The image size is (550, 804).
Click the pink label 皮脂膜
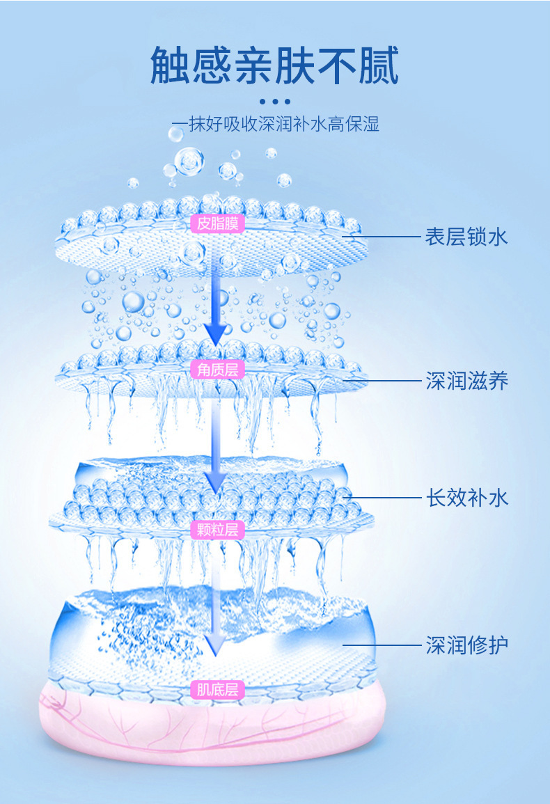217,224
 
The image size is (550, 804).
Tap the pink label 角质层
217,369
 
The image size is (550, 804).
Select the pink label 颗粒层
217,530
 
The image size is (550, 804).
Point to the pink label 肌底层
217,690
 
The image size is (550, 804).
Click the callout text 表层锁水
466,237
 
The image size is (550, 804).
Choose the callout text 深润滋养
466,381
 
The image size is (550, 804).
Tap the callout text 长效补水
466,498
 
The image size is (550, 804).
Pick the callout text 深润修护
466,645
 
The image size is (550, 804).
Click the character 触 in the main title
171,65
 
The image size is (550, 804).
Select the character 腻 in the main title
379,65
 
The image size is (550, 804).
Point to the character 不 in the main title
337,65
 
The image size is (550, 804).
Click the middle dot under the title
275,102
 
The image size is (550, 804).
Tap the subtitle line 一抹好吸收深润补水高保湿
275,124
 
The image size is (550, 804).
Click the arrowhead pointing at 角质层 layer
216,334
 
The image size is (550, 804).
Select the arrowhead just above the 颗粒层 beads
216,482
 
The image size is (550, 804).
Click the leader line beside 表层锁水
382,237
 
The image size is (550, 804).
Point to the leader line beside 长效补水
382,498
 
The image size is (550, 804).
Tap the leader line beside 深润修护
382,645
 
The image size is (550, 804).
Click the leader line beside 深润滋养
382,381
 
